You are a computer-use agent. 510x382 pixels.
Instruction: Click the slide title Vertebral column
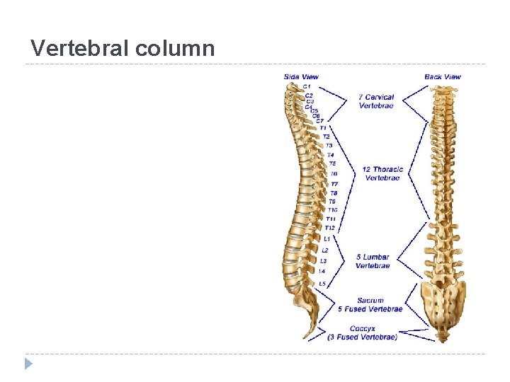pyautogui.click(x=123, y=48)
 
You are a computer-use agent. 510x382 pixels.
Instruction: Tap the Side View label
pyautogui.click(x=301, y=76)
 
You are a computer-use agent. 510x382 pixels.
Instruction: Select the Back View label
pyautogui.click(x=443, y=76)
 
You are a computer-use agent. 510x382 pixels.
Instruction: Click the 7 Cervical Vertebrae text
pyautogui.click(x=376, y=101)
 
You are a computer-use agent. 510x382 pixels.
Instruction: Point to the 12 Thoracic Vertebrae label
pyautogui.click(x=382, y=173)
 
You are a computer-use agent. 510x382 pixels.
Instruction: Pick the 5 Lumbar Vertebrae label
pyautogui.click(x=373, y=261)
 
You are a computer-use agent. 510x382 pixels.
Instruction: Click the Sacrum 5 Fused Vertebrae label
pyautogui.click(x=370, y=304)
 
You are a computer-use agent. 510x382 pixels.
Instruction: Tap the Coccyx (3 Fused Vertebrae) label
pyautogui.click(x=363, y=332)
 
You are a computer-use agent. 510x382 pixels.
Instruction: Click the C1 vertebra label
pyautogui.click(x=307, y=86)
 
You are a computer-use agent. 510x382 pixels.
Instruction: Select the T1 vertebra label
pyautogui.click(x=323, y=128)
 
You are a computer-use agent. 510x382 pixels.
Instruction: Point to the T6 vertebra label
pyautogui.click(x=334, y=173)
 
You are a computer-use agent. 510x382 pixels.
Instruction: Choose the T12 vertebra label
pyautogui.click(x=330, y=228)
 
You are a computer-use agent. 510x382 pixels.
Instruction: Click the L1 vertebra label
pyautogui.click(x=327, y=239)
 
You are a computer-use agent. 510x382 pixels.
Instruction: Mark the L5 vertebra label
pyautogui.click(x=322, y=284)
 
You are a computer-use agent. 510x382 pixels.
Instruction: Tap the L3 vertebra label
pyautogui.click(x=324, y=261)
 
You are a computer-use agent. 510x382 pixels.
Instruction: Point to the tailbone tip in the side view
pyautogui.click(x=307, y=335)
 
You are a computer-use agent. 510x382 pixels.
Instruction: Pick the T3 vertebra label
pyautogui.click(x=329, y=146)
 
